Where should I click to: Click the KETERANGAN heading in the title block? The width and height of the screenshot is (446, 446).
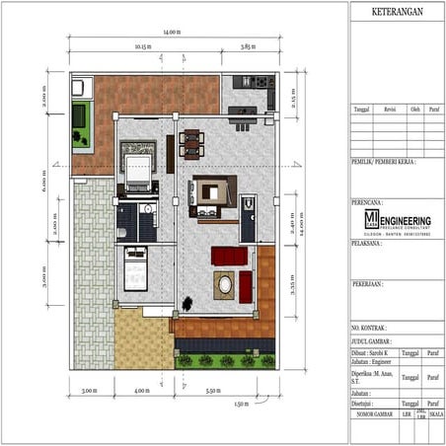[396, 12]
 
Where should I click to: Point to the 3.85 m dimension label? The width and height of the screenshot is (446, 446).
[249, 45]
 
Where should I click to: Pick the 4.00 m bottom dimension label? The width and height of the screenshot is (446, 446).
[141, 391]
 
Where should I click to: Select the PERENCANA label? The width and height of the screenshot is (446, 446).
[367, 200]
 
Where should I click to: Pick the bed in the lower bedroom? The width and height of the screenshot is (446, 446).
[134, 268]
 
